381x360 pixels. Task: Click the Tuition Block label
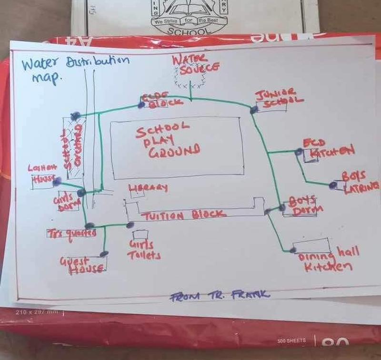185,215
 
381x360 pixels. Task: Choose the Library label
149,187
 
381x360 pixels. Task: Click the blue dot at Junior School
254,109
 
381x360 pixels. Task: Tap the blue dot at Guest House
104,253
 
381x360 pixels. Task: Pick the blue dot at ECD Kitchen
299,152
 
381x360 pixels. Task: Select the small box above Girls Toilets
140,235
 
